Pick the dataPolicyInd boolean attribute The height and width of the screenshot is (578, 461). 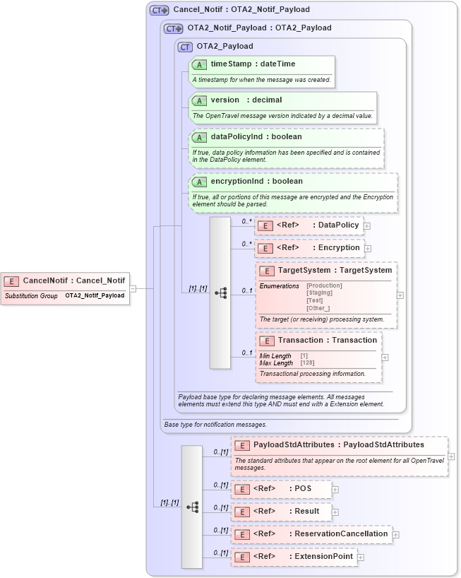pyautogui.click(x=256, y=136)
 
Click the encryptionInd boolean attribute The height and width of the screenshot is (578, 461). pyautogui.click(x=256, y=182)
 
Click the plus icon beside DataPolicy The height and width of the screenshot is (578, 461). pyautogui.click(x=367, y=226)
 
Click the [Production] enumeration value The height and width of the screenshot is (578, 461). pyautogui.click(x=324, y=285)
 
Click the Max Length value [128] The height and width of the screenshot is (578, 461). pyautogui.click(x=308, y=363)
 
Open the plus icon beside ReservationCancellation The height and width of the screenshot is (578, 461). pyautogui.click(x=396, y=535)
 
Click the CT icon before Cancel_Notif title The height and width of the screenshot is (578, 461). pyautogui.click(x=160, y=11)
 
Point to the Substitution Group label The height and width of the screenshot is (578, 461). pyautogui.click(x=31, y=296)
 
